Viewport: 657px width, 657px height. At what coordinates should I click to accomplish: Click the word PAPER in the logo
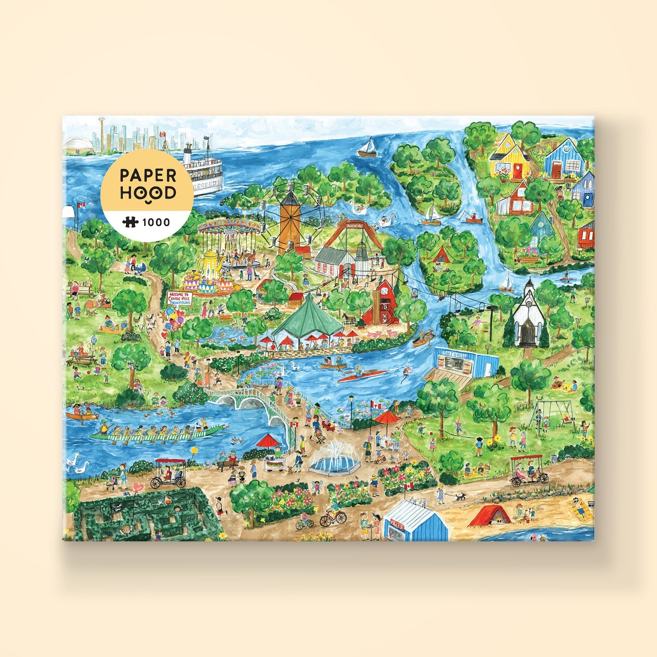pyautogui.click(x=147, y=175)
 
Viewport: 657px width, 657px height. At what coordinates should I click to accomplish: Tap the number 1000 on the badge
pyautogui.click(x=156, y=222)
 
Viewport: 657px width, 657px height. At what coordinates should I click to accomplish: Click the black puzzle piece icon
pyautogui.click(x=130, y=222)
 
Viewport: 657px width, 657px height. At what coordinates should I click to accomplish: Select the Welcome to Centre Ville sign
pyautogui.click(x=180, y=298)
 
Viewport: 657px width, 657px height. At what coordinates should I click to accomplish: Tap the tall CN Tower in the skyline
pyautogui.click(x=101, y=130)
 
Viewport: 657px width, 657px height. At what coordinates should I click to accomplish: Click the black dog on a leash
pyautogui.click(x=460, y=497)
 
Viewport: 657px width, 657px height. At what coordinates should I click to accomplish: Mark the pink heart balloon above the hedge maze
pyautogui.click(x=138, y=487)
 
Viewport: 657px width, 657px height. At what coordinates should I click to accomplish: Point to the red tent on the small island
pyautogui.click(x=441, y=256)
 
